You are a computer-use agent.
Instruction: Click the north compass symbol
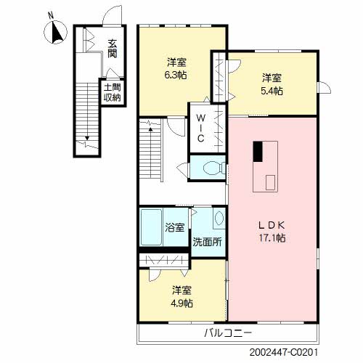click(55, 32)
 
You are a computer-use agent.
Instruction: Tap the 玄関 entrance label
click(112, 49)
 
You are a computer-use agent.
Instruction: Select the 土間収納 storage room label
click(112, 92)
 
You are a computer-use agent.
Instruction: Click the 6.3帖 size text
click(176, 75)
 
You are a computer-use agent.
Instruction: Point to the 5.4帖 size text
click(272, 91)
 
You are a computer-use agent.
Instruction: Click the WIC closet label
click(201, 129)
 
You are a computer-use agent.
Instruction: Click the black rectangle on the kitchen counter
click(258, 152)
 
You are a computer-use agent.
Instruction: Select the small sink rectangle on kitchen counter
click(270, 182)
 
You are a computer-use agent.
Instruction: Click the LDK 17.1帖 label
click(272, 232)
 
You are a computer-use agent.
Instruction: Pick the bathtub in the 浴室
click(151, 227)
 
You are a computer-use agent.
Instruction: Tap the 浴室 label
click(175, 227)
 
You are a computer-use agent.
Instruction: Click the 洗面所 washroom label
click(207, 242)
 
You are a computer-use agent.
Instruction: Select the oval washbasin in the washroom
click(219, 219)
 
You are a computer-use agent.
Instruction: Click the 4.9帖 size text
click(182, 303)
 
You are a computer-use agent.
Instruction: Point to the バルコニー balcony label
click(228, 333)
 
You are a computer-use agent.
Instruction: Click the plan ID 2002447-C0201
click(283, 352)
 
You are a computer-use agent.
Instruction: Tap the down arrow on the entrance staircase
click(87, 138)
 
